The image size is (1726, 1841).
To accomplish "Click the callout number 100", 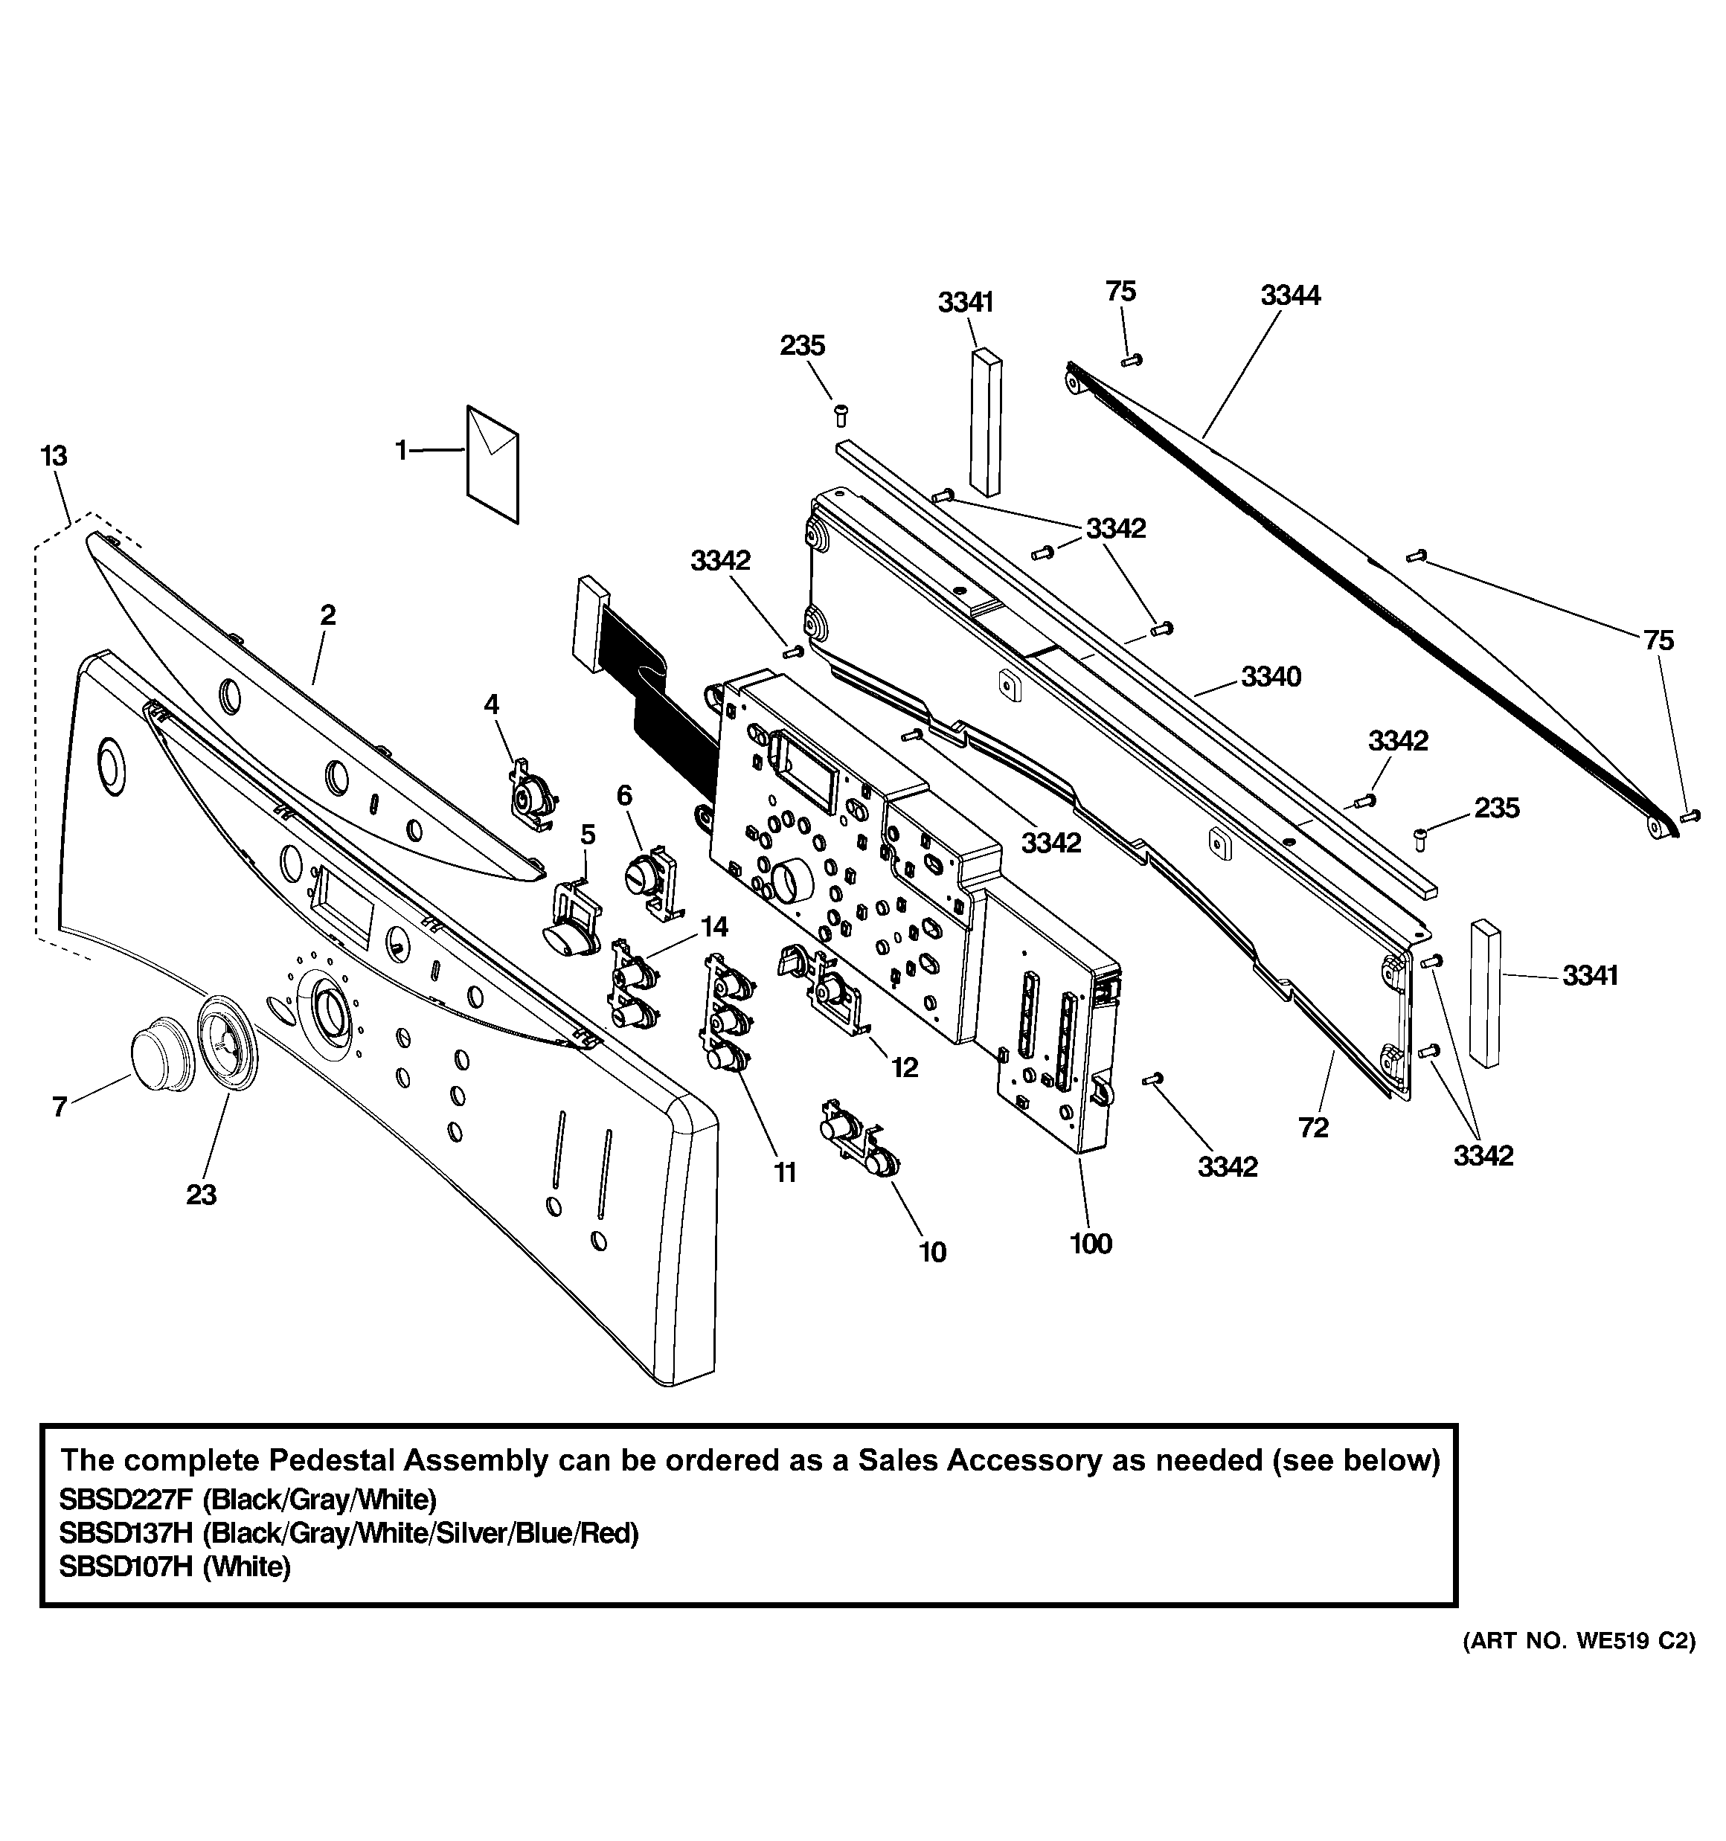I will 1091,1244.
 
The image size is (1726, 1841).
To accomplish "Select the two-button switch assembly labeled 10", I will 858,1144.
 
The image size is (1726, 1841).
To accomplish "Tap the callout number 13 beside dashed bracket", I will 54,457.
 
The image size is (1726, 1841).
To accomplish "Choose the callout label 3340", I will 1271,677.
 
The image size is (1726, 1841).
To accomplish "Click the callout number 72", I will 1314,1127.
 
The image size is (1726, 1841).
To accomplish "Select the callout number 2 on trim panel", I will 328,615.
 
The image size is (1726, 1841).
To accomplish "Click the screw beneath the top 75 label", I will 1132,360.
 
